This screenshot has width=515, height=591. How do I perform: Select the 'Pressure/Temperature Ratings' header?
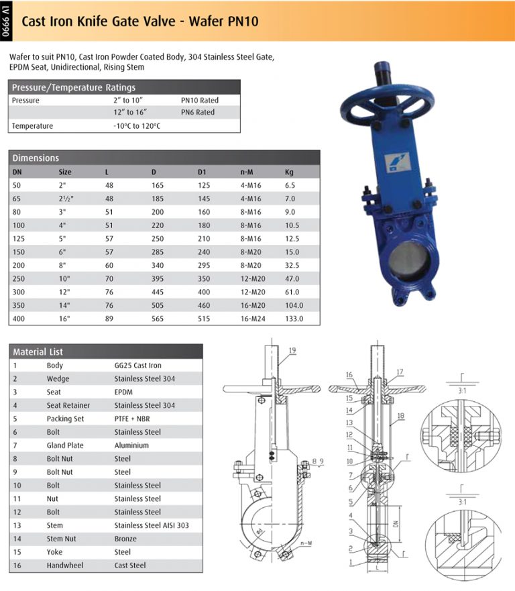coord(74,87)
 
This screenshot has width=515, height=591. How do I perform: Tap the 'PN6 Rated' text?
coord(198,112)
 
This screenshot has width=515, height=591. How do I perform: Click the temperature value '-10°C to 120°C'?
coord(137,125)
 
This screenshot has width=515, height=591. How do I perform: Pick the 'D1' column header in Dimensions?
coord(202,172)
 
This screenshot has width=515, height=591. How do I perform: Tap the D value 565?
coord(158,319)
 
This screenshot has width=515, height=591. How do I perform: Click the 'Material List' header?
coord(38,352)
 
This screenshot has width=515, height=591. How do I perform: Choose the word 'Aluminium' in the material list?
coord(131,445)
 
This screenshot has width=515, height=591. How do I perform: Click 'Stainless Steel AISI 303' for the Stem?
coord(152,525)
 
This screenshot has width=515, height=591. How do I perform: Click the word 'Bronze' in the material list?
coord(125,539)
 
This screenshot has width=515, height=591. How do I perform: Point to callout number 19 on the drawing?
coord(292,351)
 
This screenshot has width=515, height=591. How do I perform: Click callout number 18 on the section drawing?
coord(400,417)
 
